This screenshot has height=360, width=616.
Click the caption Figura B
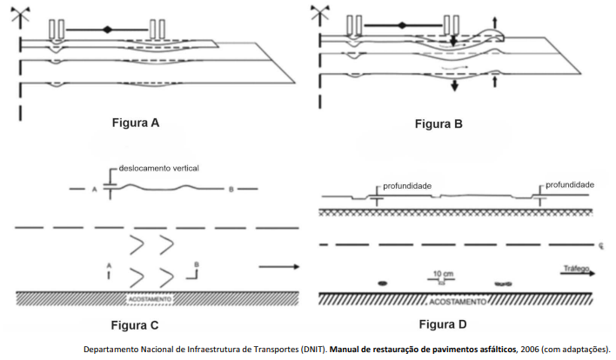pyautogui.click(x=439, y=123)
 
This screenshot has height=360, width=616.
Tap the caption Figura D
pyautogui.click(x=443, y=325)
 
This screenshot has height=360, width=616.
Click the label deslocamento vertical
pyautogui.click(x=157, y=169)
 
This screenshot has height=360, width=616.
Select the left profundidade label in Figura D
pyautogui.click(x=408, y=185)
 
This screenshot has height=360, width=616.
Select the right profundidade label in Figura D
pyautogui.click(x=569, y=185)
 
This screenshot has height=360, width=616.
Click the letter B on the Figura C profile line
pyautogui.click(x=231, y=188)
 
